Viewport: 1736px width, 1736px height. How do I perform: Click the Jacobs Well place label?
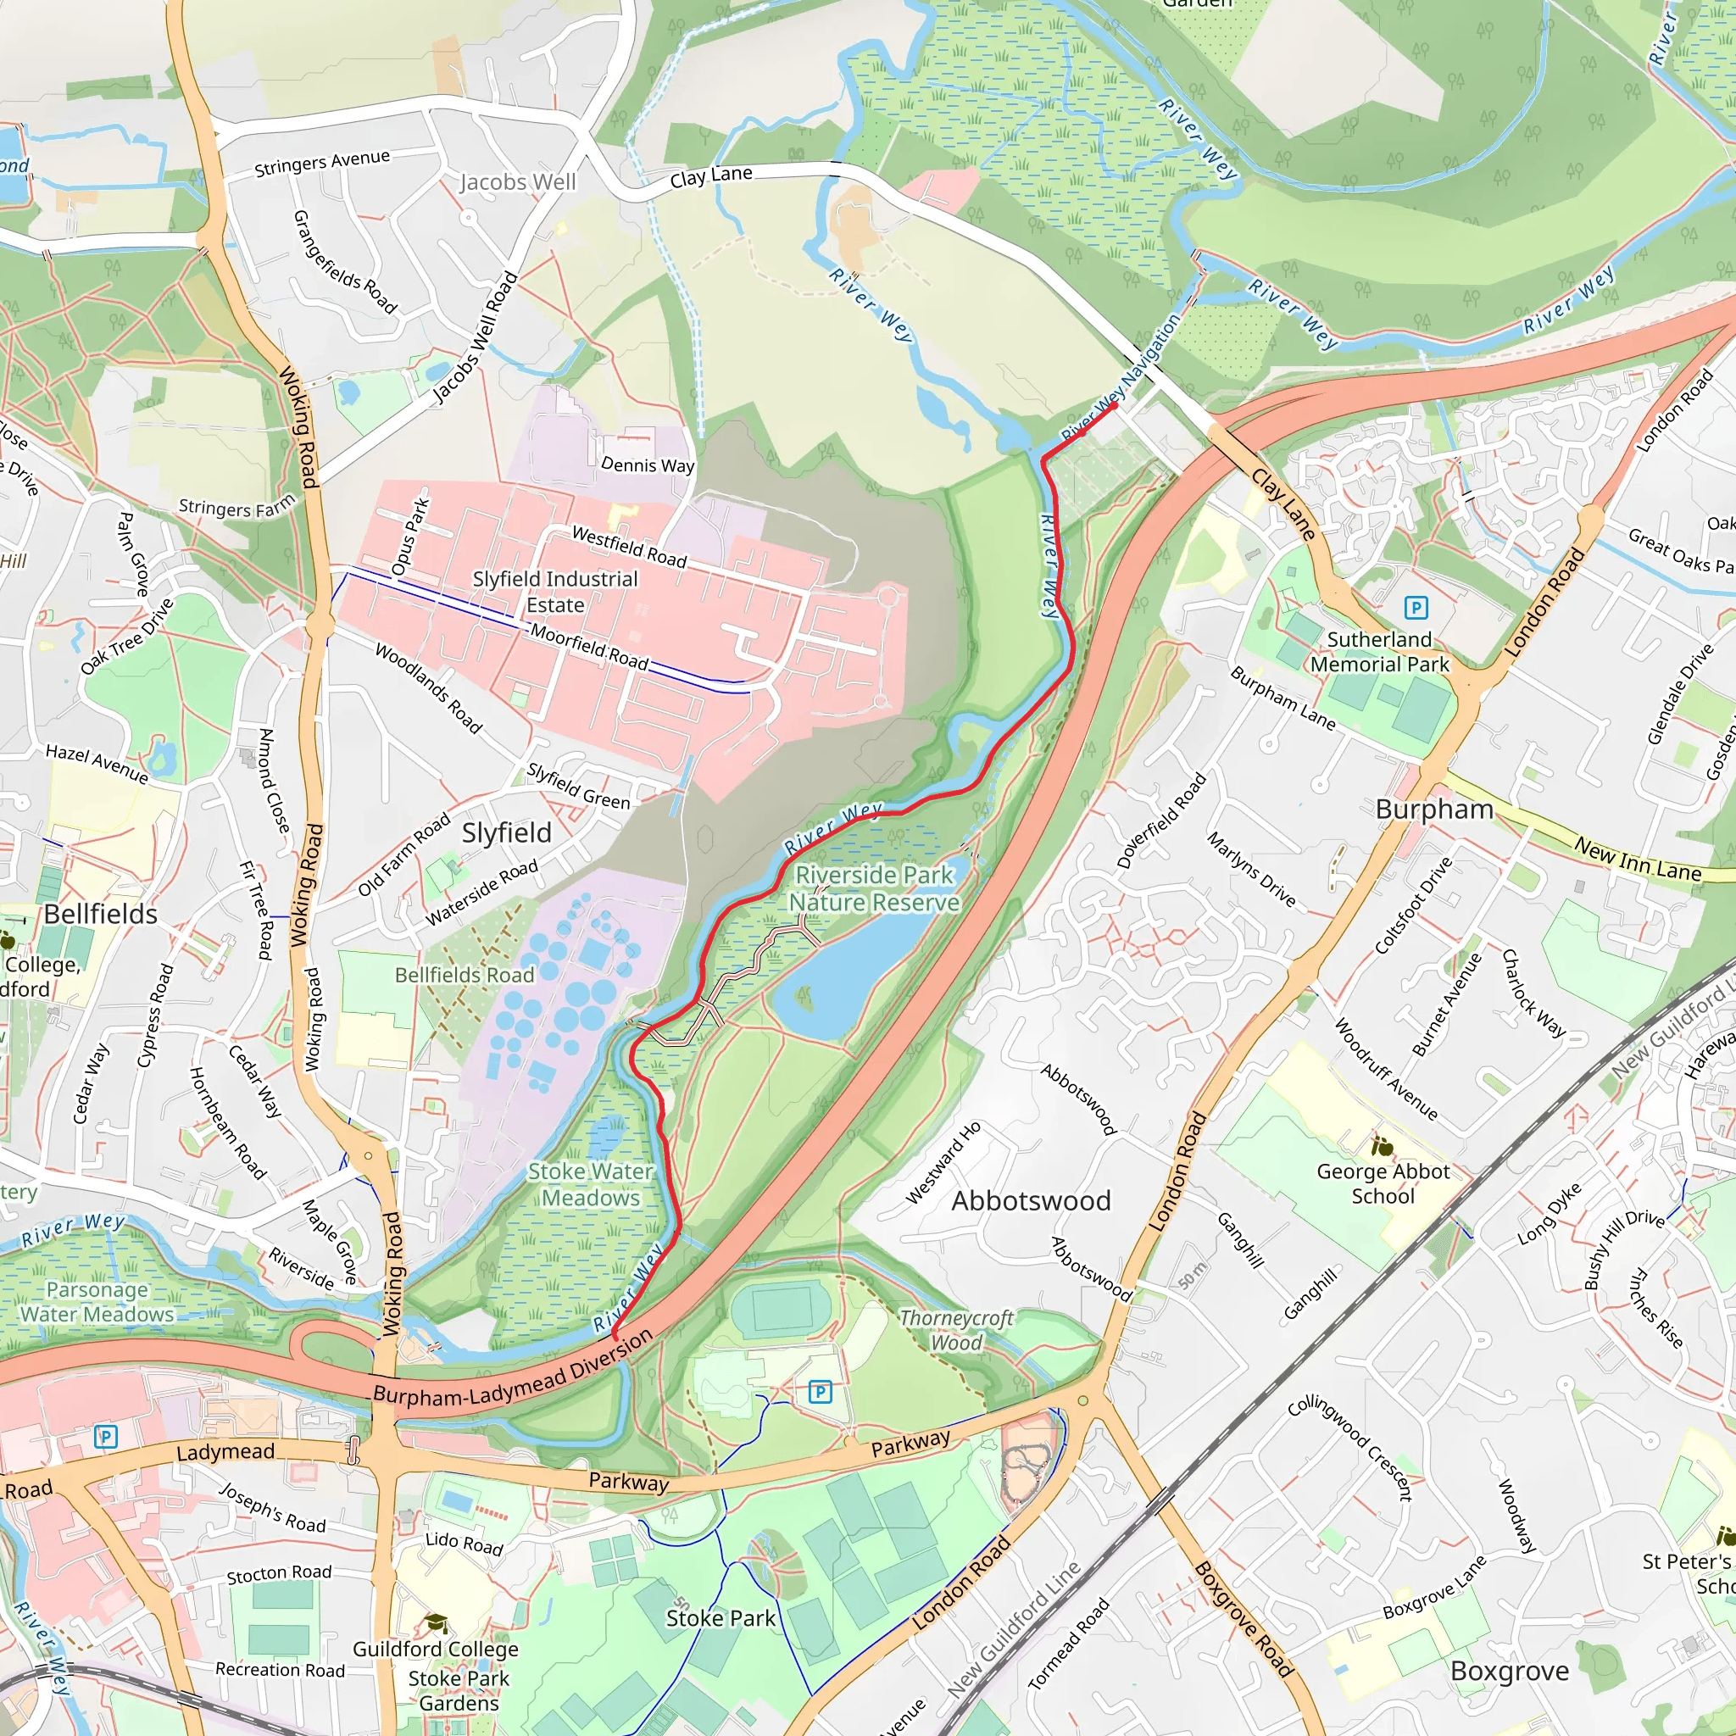coord(518,182)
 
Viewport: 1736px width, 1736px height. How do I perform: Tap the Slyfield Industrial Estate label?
coord(554,592)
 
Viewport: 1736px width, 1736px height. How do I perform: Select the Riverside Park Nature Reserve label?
coord(873,887)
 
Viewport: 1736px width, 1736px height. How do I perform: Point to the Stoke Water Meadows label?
coord(590,1184)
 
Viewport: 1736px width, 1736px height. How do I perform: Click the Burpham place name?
coord(1433,809)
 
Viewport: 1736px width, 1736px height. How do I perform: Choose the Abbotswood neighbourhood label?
coord(1031,1200)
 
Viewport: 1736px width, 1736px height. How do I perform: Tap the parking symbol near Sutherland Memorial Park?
coord(1416,609)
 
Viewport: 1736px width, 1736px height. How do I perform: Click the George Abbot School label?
coord(1382,1183)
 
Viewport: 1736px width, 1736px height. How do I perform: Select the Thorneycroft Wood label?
coord(955,1330)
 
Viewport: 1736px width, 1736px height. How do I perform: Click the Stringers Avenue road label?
coord(321,163)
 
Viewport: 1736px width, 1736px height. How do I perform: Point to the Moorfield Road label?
coord(588,645)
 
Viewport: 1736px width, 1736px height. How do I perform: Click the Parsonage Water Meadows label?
coord(97,1302)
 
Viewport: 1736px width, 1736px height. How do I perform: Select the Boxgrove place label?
coord(1509,1671)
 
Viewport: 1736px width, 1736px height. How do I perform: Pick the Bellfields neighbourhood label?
coord(101,914)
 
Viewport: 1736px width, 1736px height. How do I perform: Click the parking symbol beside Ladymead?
coord(105,1437)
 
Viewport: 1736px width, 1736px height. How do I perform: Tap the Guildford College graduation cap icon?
coord(436,1622)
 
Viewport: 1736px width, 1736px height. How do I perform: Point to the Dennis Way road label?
coord(647,465)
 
